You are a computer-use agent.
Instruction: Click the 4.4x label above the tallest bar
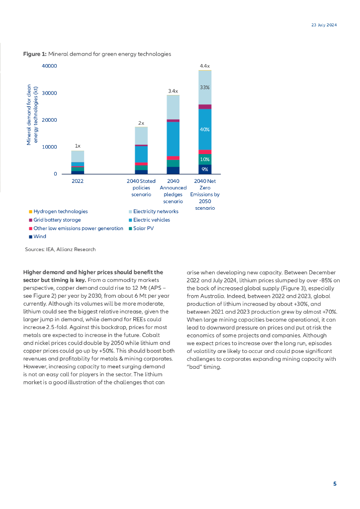pos(204,66)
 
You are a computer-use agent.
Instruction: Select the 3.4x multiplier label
pos(173,91)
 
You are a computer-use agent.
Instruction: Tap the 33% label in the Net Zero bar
pos(204,87)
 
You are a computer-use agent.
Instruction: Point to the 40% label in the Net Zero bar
pos(204,129)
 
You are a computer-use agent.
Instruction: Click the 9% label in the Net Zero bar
pos(204,170)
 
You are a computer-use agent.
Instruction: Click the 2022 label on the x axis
pos(78,181)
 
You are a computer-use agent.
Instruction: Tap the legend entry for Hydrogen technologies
pos(60,211)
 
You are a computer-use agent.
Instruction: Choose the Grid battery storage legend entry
pos(57,220)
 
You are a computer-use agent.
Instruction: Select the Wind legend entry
pos(39,237)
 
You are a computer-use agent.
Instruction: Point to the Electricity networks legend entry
pos(155,211)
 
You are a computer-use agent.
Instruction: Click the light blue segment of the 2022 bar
pos(78,156)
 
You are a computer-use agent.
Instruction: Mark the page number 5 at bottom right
pos(335,484)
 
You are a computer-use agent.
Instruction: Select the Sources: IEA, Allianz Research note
pos(60,249)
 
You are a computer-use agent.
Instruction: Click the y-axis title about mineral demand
pos(32,114)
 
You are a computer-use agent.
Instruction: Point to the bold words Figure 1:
pos(34,54)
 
